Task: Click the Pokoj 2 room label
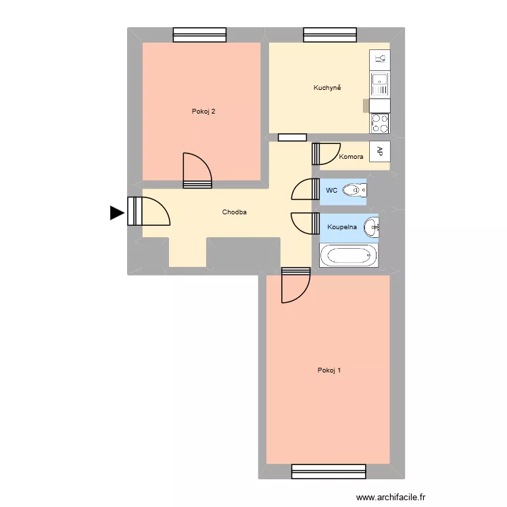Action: (203, 112)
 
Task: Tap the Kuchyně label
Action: (327, 88)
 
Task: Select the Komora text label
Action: (351, 157)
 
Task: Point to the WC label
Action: (331, 191)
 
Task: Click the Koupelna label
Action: (342, 227)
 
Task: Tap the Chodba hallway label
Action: (235, 212)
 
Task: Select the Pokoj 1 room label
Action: (329, 370)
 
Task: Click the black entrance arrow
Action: (117, 213)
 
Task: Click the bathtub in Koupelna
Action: (349, 256)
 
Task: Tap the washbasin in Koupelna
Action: (371, 228)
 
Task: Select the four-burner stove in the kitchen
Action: (380, 123)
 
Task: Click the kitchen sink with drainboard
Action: (380, 84)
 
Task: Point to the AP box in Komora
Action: (380, 151)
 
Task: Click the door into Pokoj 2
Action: (197, 172)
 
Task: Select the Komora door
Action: (316, 154)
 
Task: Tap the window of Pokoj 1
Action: (329, 470)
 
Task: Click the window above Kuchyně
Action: (330, 34)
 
